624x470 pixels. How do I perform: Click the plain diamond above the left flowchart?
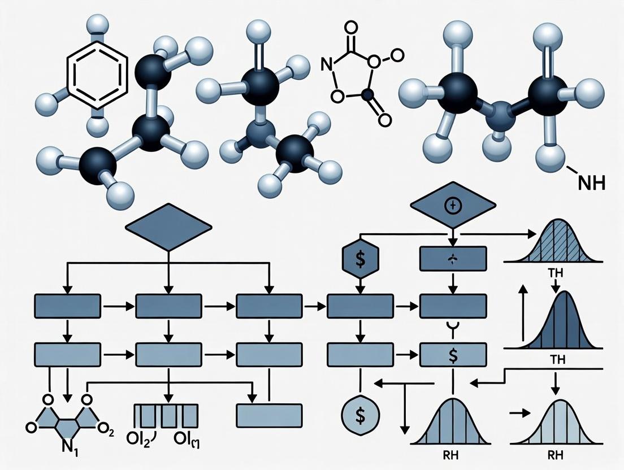168,228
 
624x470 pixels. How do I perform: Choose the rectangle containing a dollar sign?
453,355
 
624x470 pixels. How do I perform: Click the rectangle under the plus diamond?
453,259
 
